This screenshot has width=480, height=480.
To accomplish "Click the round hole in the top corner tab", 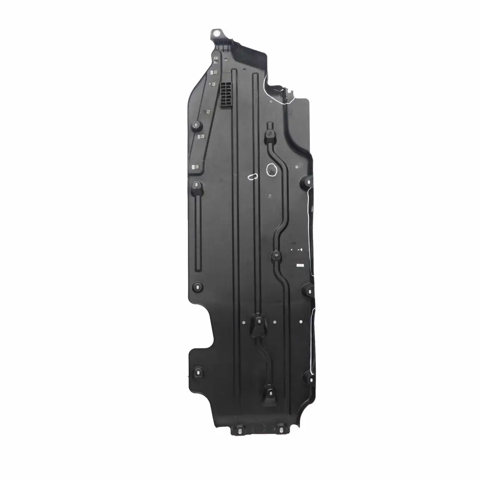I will (216, 33).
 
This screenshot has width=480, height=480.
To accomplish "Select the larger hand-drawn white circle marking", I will (271, 169).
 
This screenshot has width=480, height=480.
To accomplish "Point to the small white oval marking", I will (252, 176).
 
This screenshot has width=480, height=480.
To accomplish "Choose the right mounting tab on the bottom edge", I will (280, 429).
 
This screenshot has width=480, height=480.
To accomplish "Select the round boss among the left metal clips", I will (196, 125).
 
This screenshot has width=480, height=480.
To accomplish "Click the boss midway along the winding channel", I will (276, 256).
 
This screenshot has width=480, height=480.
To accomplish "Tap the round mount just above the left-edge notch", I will (198, 287).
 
